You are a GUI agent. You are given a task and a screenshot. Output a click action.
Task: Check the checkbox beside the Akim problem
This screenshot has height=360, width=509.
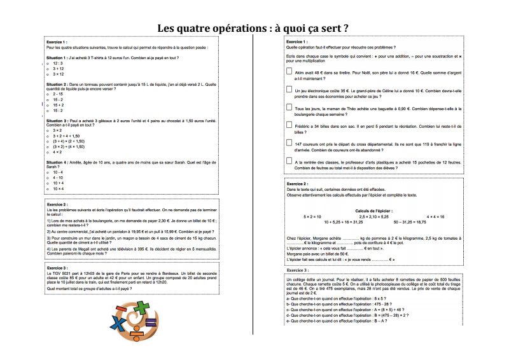tap(289, 73)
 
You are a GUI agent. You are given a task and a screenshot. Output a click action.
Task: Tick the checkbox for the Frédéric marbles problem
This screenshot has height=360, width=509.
tap(289, 127)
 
